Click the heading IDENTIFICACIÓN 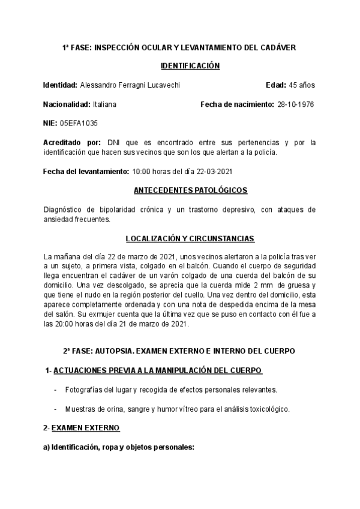pyautogui.click(x=191, y=66)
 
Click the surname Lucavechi pyautogui.click(x=161, y=85)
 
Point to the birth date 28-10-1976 pyautogui.click(x=296, y=104)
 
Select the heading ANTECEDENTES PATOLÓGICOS pyautogui.click(x=190, y=190)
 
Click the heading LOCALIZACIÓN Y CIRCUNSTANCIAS pyautogui.click(x=190, y=238)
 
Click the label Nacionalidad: pyautogui.click(x=67, y=104)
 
